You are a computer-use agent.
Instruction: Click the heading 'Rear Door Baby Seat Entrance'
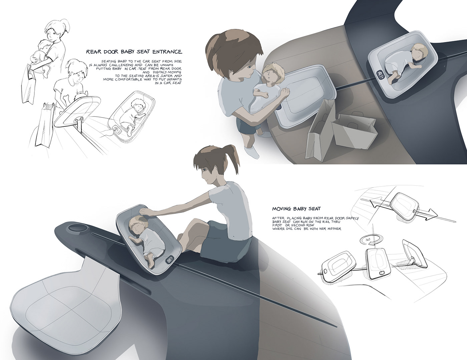point(134,52)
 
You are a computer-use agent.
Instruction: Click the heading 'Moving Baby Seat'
point(296,209)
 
